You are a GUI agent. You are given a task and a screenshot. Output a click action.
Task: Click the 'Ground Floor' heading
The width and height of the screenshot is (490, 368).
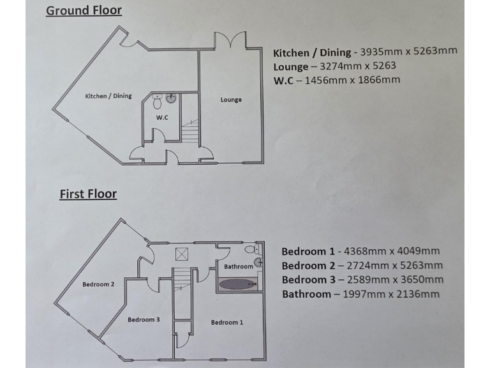[84, 10]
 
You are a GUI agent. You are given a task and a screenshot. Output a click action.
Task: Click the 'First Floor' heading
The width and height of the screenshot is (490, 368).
[88, 193]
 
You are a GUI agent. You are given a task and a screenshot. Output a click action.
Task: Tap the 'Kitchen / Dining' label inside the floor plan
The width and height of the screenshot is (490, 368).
[108, 96]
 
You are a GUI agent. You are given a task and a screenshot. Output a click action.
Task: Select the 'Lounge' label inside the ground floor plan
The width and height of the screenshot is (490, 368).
[231, 100]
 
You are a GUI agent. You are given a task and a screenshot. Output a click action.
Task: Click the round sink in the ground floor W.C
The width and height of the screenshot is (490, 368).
[172, 99]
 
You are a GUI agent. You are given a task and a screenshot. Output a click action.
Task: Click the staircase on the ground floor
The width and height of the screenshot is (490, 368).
[190, 131]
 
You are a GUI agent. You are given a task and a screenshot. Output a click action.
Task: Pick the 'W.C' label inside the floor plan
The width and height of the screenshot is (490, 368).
[161, 117]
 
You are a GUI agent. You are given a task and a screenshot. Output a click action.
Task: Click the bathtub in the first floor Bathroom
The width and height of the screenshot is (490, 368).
[238, 283]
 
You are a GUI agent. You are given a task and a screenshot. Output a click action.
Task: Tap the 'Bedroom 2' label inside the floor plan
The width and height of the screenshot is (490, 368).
[98, 284]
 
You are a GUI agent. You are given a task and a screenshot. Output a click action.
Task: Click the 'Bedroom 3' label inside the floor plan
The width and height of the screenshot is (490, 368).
[144, 319]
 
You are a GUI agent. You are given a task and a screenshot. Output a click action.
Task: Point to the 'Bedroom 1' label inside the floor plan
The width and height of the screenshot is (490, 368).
[226, 322]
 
